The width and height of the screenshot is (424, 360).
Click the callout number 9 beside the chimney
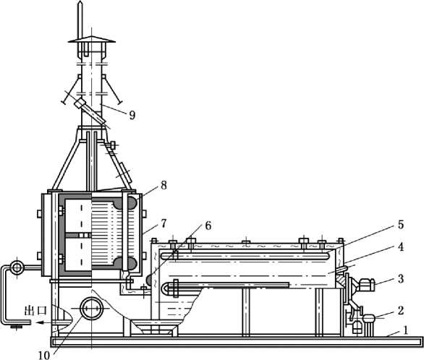[x=132, y=115]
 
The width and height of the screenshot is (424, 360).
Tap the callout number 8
[x=164, y=185]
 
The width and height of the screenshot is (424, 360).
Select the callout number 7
[x=164, y=223]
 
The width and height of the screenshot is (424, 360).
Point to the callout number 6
[x=208, y=226]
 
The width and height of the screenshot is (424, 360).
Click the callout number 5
[x=400, y=224]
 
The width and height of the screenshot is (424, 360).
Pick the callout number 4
[x=400, y=247]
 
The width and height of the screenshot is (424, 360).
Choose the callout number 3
[x=400, y=278]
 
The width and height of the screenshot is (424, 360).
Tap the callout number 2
[x=400, y=310]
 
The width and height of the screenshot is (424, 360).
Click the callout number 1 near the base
[x=405, y=330]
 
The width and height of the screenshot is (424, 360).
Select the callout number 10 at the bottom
[x=44, y=355]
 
